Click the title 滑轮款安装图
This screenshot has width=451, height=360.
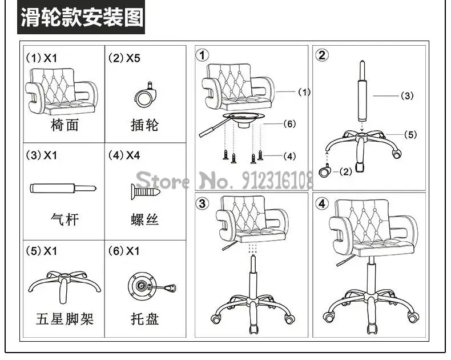point(81,18)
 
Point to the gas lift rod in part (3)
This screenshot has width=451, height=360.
point(63,188)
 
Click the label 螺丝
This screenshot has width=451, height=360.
point(144,220)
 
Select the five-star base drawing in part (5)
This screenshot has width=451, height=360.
point(63,283)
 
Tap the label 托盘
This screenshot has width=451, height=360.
point(144,318)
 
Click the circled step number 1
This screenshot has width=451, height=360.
point(203,55)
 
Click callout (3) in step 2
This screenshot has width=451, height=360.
point(406,96)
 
